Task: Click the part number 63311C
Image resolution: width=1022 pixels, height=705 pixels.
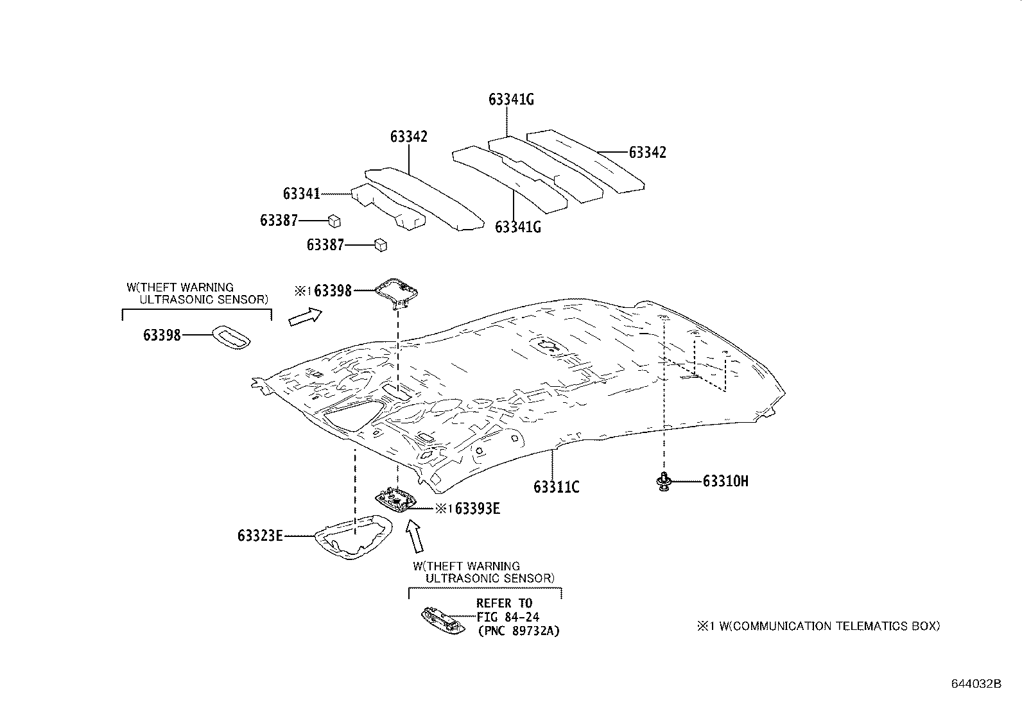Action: [556, 488]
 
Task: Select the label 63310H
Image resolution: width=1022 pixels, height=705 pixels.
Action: [725, 481]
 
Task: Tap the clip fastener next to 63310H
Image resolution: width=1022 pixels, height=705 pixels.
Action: [663, 481]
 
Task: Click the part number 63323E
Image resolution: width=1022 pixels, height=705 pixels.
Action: [260, 536]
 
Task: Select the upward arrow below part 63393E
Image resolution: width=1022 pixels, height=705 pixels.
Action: [415, 536]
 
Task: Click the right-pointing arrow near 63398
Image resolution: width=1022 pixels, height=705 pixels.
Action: [305, 316]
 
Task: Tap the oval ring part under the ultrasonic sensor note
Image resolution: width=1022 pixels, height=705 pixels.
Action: [232, 336]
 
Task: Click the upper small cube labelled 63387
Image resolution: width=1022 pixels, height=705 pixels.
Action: [334, 221]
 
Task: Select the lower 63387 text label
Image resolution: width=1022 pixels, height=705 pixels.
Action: [325, 245]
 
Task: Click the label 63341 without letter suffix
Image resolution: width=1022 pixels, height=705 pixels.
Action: [301, 194]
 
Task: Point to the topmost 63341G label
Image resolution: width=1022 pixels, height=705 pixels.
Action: [511, 99]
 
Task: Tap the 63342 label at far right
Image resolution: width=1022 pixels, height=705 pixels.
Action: [647, 153]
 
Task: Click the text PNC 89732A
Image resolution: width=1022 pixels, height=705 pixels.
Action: [519, 631]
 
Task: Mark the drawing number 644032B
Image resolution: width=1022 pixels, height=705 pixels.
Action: [976, 684]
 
